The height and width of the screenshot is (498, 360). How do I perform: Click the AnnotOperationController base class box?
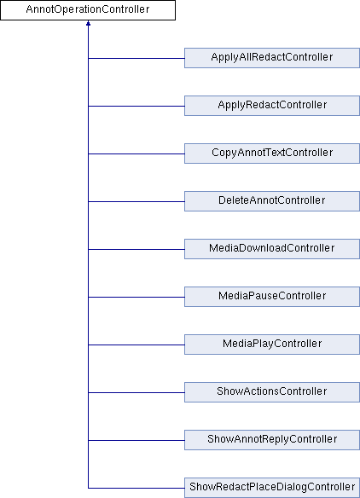point(88,10)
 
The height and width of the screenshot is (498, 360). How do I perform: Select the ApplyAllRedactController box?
point(272,58)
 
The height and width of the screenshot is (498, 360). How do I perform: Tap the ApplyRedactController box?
point(272,106)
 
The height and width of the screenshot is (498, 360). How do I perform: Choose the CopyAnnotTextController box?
point(272,153)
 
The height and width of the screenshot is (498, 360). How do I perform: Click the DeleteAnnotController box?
point(272,201)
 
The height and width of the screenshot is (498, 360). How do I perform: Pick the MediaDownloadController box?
point(272,249)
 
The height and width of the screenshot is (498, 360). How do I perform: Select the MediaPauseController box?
point(272,297)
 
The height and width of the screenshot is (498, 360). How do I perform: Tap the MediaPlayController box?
point(272,345)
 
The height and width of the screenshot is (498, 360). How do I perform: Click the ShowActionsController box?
point(272,392)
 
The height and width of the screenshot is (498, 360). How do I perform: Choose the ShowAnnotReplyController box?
point(272,440)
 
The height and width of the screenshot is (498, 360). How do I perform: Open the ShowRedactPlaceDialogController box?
point(272,488)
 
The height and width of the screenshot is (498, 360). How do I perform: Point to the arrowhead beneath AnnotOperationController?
point(88,23)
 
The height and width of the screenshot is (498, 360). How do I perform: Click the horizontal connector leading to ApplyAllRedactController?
point(136,59)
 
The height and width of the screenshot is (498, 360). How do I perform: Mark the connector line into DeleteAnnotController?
point(136,201)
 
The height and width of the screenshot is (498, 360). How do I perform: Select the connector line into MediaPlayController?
point(136,345)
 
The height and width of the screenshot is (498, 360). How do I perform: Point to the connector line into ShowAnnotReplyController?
point(136,440)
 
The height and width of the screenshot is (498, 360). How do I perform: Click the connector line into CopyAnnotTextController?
point(136,153)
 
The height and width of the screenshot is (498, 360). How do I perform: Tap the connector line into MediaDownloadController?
point(136,249)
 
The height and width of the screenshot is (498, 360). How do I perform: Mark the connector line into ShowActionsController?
point(136,392)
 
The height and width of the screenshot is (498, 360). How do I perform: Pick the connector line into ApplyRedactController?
point(136,106)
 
